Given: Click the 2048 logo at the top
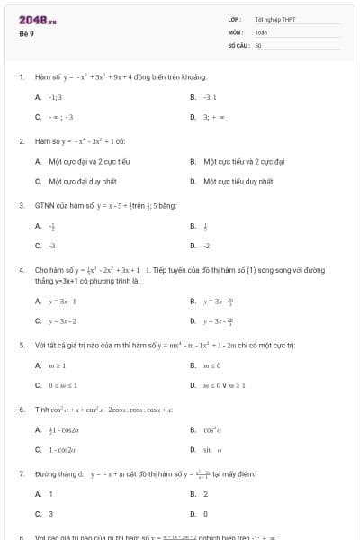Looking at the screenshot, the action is pos(38,19).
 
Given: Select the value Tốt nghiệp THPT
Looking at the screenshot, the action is pos(274,19).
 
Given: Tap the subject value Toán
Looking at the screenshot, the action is pos(261,31).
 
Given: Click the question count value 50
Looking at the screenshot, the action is pos(258,44).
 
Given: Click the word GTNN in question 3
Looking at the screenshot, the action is pos(45,205).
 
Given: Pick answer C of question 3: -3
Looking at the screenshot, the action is pos(51,245).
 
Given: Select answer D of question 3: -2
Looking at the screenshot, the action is pos(206,245).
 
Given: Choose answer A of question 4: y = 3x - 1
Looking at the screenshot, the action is pos(62,301).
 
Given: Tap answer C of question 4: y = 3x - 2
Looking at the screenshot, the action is pos(62,320).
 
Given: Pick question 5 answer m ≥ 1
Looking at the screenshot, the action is pos(57,365).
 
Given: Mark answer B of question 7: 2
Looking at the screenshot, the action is pos(205,494).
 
